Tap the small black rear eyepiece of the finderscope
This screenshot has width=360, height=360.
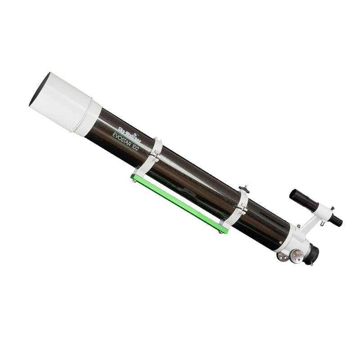(x=335, y=220)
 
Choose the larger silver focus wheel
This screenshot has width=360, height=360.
(x=297, y=256)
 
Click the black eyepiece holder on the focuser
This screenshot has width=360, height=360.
(x=312, y=255)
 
